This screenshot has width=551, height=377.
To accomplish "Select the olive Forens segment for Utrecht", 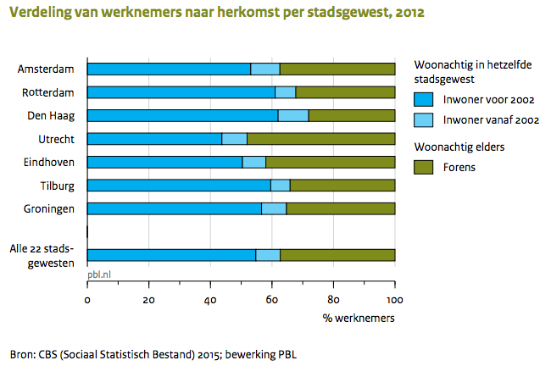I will point(320,138).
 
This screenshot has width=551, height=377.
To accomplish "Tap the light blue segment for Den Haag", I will point(293,115).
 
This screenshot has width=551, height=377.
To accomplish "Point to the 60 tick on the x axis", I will point(271,299).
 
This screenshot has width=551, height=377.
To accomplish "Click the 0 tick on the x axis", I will point(87,299).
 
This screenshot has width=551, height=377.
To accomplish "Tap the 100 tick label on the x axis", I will point(394,299).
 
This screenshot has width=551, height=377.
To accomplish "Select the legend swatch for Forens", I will point(423,167).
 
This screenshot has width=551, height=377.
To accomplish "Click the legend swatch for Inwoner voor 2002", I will point(423,98).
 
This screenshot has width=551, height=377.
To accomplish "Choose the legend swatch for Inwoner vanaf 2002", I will point(423,120).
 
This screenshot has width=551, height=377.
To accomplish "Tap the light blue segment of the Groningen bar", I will point(274,208).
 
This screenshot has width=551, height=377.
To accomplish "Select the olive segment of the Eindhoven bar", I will point(330,161).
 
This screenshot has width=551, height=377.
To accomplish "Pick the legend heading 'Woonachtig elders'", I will point(459,146).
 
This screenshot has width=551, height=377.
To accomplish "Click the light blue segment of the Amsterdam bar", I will point(265,69).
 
